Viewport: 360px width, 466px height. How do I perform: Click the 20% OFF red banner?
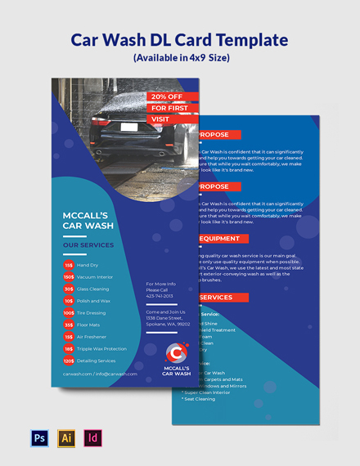point(169,96)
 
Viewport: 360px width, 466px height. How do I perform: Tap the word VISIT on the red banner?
point(160,119)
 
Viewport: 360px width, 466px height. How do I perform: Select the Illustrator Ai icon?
point(65,438)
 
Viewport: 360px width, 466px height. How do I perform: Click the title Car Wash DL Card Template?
point(180,39)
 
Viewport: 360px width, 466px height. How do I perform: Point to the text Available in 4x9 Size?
point(180,59)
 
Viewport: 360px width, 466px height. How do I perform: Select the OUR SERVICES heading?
point(88,244)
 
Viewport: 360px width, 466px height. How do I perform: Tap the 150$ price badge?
point(69,277)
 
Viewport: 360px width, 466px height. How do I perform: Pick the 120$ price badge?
point(69,361)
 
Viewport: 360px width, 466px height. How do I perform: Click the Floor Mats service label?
point(88,325)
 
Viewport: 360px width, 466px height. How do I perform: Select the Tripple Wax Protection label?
point(102,348)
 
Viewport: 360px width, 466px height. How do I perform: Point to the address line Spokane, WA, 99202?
point(167,324)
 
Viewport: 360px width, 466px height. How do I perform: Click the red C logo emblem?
point(175,354)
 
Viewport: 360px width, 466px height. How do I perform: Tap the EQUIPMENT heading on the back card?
point(219,239)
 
